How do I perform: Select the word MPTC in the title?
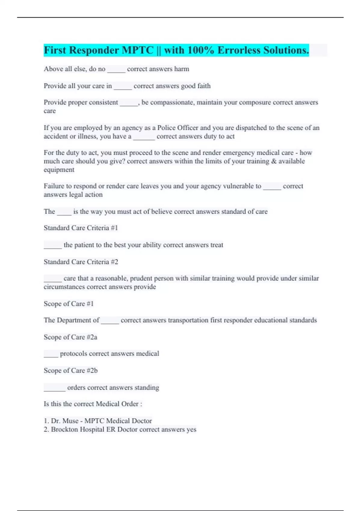click(x=137, y=50)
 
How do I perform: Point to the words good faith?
click(x=196, y=86)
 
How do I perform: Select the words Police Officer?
click(x=178, y=128)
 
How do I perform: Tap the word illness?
click(x=87, y=136)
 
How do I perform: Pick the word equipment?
click(x=59, y=170)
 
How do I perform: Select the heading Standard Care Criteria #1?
click(x=81, y=228)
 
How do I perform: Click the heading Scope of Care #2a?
click(x=70, y=337)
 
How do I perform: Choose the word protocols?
click(x=73, y=354)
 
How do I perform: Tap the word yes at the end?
click(x=191, y=430)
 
